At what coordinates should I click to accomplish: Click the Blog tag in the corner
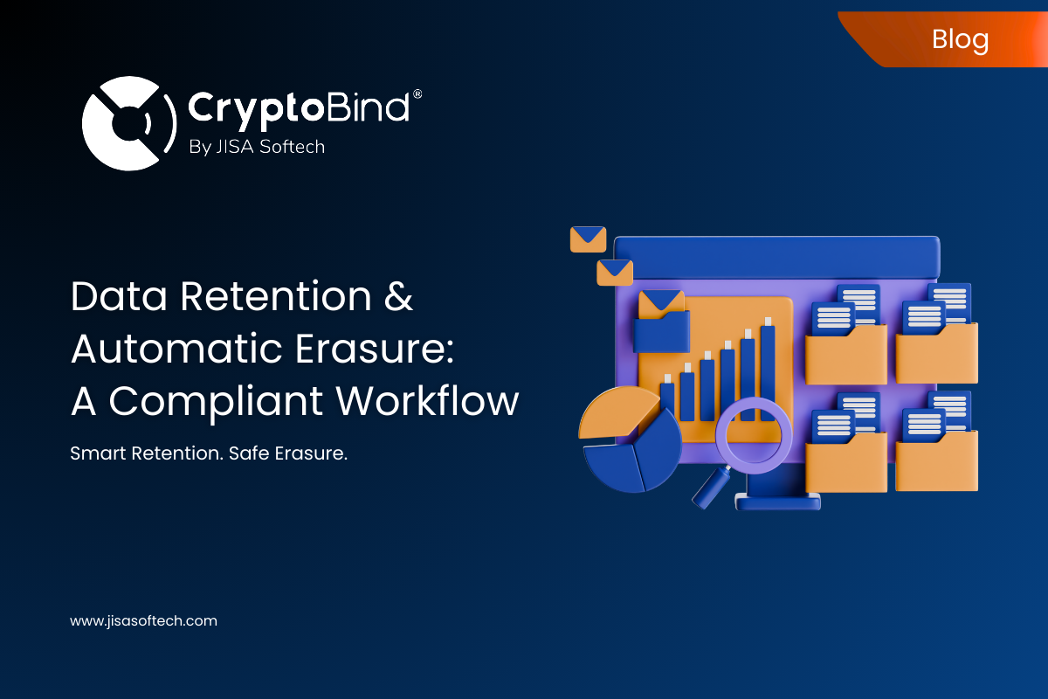pyautogui.click(x=959, y=39)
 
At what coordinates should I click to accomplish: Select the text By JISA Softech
pyautogui.click(x=256, y=147)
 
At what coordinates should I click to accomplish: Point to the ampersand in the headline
pyautogui.click(x=397, y=298)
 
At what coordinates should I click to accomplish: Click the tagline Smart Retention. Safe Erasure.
pyautogui.click(x=209, y=454)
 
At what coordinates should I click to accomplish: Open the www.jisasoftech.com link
pyautogui.click(x=143, y=621)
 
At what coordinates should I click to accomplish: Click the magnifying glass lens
pyautogui.click(x=753, y=434)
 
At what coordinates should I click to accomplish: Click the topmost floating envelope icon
pyautogui.click(x=588, y=239)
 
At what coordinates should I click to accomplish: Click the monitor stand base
pyautogui.click(x=777, y=502)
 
